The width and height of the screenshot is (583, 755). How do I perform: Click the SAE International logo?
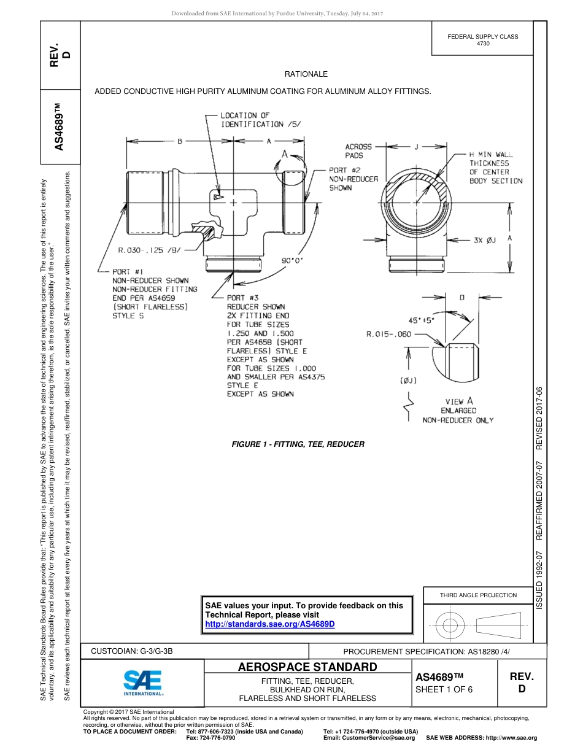[143, 682]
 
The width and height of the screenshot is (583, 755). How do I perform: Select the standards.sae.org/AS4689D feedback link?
[269, 624]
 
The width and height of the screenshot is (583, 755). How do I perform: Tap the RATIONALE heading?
[306, 74]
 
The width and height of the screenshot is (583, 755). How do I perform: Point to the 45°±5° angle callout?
[421, 320]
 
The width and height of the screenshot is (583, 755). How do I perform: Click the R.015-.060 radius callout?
[388, 335]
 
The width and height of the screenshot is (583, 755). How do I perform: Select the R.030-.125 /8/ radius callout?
[149, 250]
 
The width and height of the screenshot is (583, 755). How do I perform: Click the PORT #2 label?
[348, 170]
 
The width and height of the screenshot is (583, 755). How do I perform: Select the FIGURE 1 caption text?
[298, 444]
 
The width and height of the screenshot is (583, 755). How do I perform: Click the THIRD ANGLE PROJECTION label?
[478, 595]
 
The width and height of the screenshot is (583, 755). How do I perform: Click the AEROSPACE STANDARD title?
[307, 667]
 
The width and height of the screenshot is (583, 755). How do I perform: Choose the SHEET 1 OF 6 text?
[444, 689]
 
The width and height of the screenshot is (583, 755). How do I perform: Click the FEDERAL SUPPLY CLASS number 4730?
[483, 44]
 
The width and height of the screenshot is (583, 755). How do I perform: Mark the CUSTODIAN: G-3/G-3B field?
[136, 650]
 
